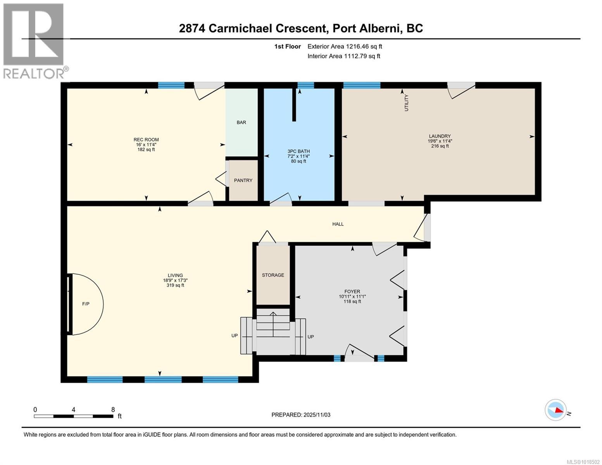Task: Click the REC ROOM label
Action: coord(146,139)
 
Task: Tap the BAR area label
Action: coord(241,122)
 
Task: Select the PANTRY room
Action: coord(243,181)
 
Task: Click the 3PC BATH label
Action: coord(298,151)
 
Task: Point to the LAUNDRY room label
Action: coord(440,136)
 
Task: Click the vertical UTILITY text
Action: coord(406,103)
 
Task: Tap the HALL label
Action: coord(338,224)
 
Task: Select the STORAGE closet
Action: coord(273,275)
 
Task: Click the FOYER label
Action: coord(352,291)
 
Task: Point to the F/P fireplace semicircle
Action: coord(86,304)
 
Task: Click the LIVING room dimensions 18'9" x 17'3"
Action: coord(175,281)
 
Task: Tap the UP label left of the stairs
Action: coord(235,336)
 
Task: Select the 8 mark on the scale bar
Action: coord(113,410)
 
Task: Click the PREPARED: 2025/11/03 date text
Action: coord(301,415)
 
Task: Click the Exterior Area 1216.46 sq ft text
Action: coord(345,46)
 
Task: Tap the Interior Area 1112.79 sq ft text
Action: coord(343,56)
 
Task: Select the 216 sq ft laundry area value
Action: coord(440,146)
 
